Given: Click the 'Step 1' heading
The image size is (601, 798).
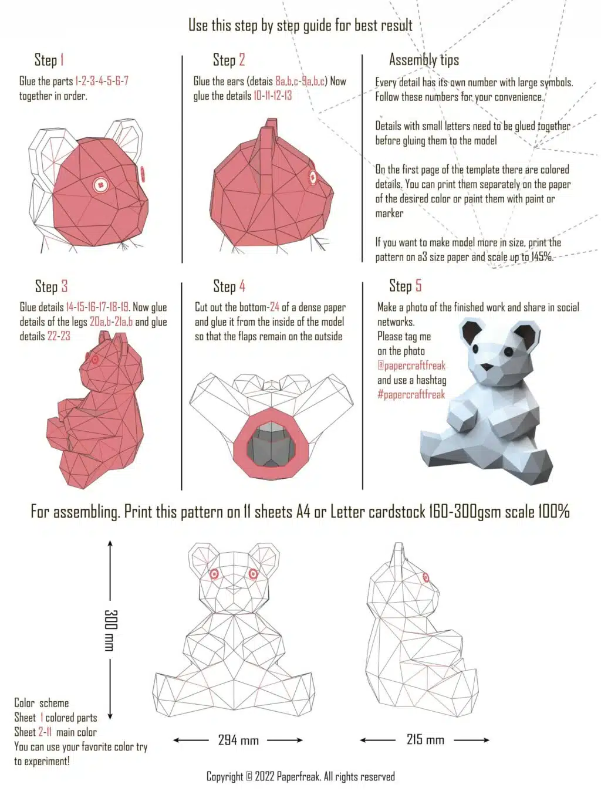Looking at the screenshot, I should pyautogui.click(x=49, y=60).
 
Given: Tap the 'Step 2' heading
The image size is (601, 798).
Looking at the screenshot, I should pyautogui.click(x=228, y=60).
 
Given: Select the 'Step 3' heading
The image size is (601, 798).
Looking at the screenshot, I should pyautogui.click(x=51, y=286).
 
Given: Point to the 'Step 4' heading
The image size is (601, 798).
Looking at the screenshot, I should pyautogui.click(x=229, y=286).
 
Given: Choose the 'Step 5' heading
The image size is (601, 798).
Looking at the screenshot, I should pyautogui.click(x=405, y=286).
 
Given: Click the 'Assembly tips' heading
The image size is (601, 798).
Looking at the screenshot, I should pyautogui.click(x=424, y=60).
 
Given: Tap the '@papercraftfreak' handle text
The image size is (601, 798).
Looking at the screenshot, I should pyautogui.click(x=411, y=366).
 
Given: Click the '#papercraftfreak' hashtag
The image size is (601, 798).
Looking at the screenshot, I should pyautogui.click(x=411, y=395).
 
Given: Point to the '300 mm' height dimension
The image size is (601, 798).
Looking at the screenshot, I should pyautogui.click(x=110, y=630).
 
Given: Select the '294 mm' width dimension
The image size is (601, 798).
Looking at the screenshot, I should pyautogui.click(x=238, y=740).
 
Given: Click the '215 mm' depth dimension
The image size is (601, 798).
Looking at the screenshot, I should pyautogui.click(x=425, y=740).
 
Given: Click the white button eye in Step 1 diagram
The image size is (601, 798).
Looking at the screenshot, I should pyautogui.click(x=102, y=185).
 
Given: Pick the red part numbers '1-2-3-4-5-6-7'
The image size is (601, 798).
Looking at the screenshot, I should pyautogui.click(x=102, y=82).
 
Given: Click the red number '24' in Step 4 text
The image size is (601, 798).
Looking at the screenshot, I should pyautogui.click(x=274, y=307).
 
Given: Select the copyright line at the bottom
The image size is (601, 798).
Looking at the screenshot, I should pyautogui.click(x=300, y=777).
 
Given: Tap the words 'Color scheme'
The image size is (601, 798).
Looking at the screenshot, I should pyautogui.click(x=42, y=703).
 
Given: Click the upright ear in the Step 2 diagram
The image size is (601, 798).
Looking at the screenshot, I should pyautogui.click(x=270, y=136).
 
